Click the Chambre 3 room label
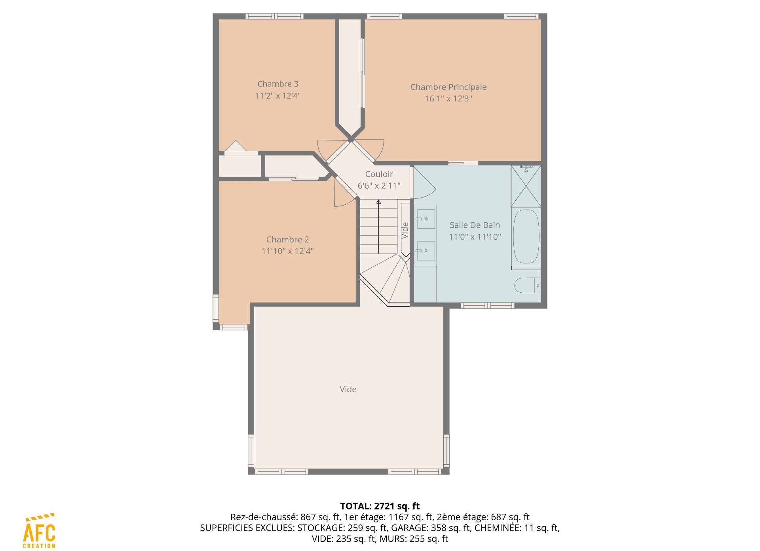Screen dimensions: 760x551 point(278,84)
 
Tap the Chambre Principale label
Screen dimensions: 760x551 point(448,87)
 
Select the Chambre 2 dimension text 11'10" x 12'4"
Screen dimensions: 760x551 point(288,251)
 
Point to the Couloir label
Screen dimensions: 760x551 point(379,174)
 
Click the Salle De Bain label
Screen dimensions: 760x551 point(475,225)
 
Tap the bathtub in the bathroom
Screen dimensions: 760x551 point(526,236)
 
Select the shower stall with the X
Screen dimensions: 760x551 point(526,186)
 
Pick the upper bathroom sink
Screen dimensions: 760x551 point(426,219)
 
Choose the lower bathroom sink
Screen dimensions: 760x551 point(426,251)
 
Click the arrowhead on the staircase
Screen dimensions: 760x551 point(378,202)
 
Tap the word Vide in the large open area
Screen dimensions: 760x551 point(348,389)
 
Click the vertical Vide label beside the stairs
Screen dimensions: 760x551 point(405,230)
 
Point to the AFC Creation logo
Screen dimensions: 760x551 point(39,531)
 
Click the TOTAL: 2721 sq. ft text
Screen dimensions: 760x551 point(380,506)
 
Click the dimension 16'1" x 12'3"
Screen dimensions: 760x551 point(448,99)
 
